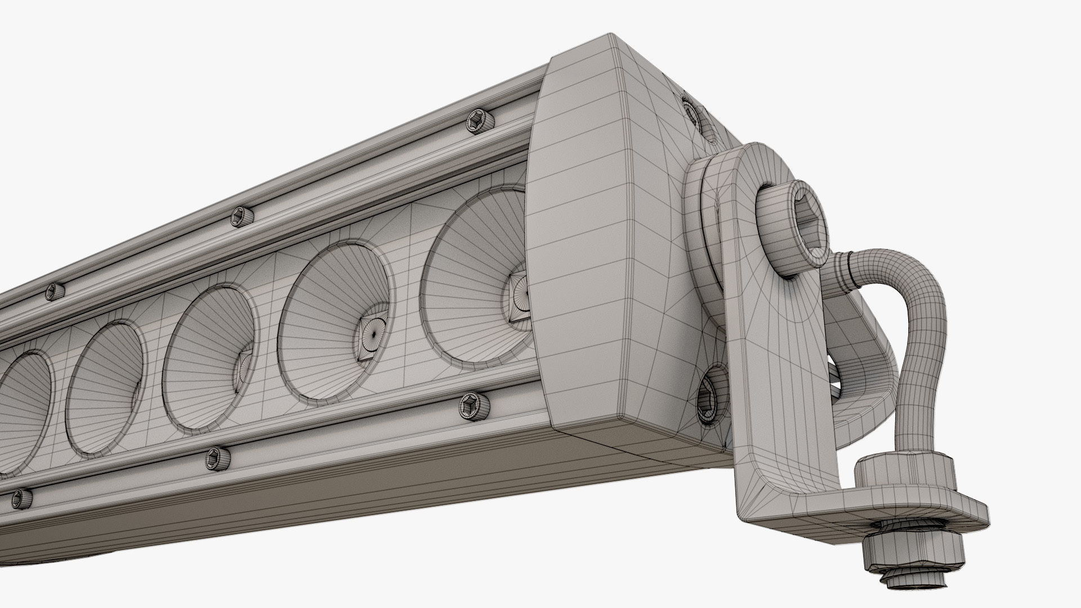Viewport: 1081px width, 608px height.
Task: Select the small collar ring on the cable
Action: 842,262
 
